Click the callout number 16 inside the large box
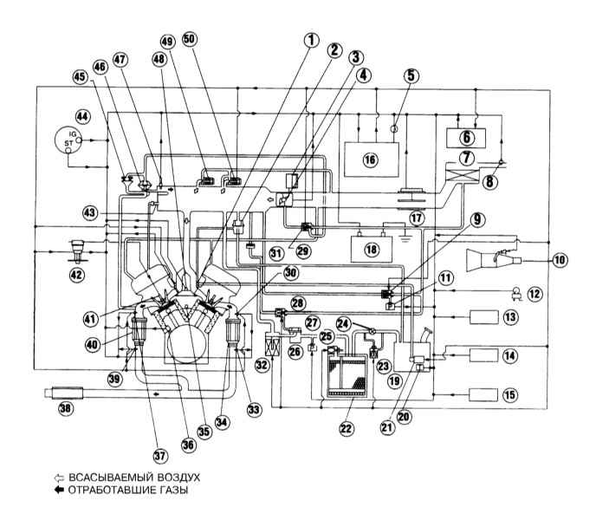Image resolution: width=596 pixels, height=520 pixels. tap(370, 159)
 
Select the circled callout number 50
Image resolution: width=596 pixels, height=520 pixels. tap(191, 39)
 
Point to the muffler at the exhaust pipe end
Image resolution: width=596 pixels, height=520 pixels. tap(63, 393)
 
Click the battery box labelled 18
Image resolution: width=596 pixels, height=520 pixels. tap(372, 249)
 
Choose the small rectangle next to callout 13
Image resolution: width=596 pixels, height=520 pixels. tap(484, 317)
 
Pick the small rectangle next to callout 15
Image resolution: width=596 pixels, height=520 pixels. tap(484, 395)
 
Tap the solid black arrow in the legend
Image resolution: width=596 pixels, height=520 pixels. tap(59, 490)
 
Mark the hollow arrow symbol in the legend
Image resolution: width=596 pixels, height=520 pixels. tap(59, 478)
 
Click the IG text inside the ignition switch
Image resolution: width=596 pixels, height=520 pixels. tap(72, 133)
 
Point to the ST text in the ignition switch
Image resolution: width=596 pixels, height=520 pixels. tap(68, 143)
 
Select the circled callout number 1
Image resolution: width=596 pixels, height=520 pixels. tap(312, 41)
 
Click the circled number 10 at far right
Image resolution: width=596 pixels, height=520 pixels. tap(560, 260)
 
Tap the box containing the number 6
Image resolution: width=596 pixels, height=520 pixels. tap(466, 138)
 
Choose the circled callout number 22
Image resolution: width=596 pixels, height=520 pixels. tap(347, 429)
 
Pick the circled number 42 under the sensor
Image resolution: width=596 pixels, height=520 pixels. tap(76, 275)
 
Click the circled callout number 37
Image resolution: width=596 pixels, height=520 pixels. tap(160, 455)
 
